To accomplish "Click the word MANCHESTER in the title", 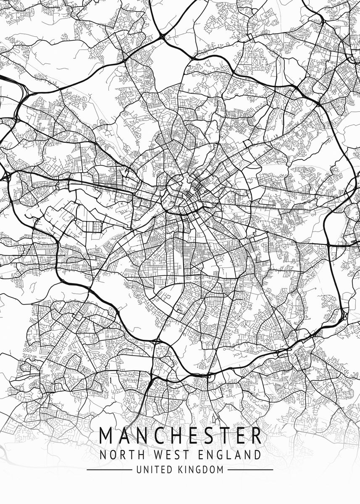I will pyautogui.click(x=180, y=436).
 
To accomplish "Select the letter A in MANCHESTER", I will pyautogui.click(x=126, y=436).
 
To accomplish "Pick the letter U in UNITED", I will pyautogui.click(x=139, y=470).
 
